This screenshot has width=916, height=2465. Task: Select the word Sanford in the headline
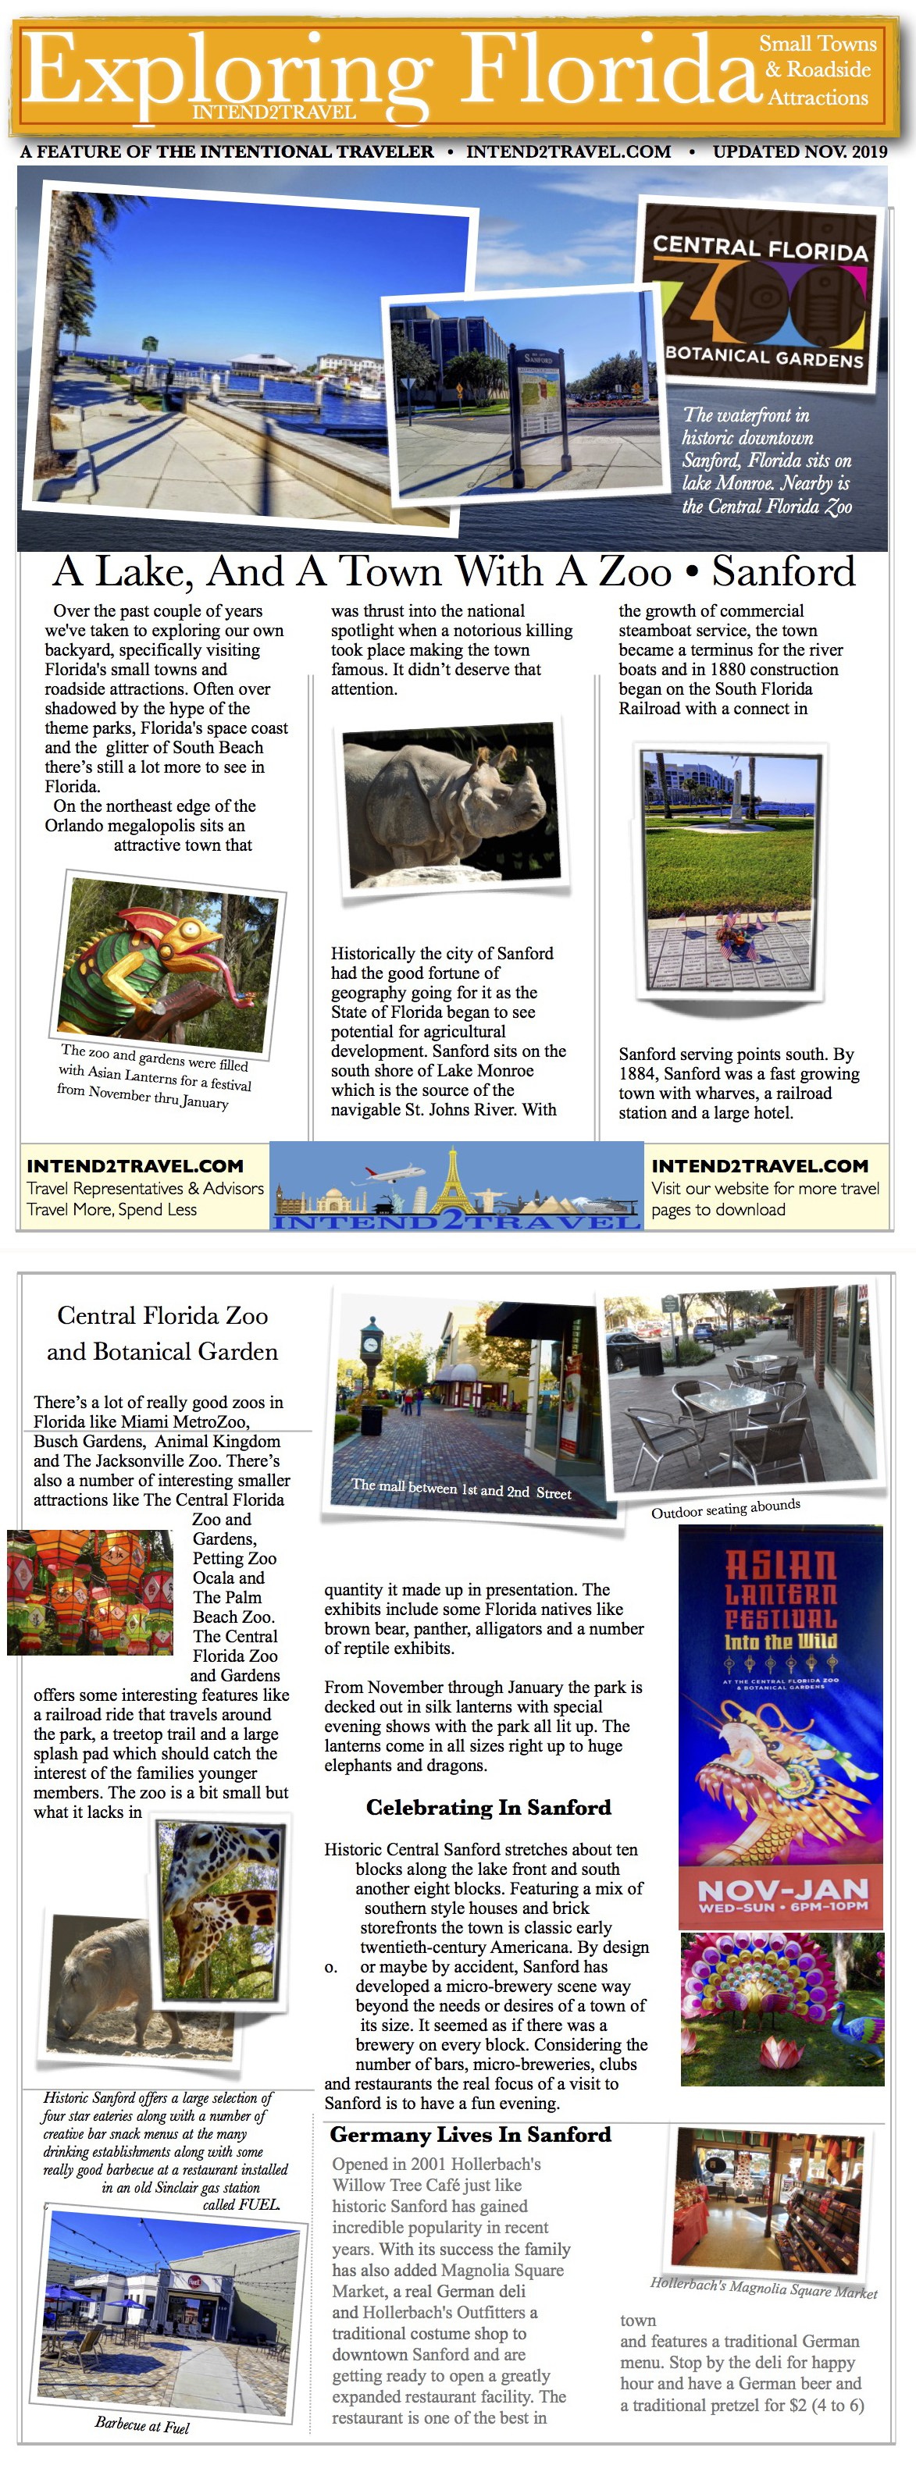coord(783,572)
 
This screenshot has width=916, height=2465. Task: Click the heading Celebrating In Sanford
coord(488,1807)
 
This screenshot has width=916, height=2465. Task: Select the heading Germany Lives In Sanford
coord(470,2134)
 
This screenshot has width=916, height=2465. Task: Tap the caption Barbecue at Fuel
coord(141,2425)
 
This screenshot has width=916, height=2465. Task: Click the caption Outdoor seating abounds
coord(725,1509)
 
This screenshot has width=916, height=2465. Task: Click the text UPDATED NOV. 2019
coord(799,152)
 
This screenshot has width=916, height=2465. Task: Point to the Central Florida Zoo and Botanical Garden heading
coord(162,1333)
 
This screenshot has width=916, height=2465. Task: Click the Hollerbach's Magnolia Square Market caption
coord(763,2288)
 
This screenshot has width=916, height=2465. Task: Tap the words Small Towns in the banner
coord(818,44)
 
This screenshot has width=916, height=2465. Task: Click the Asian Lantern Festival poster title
coord(780,1594)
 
